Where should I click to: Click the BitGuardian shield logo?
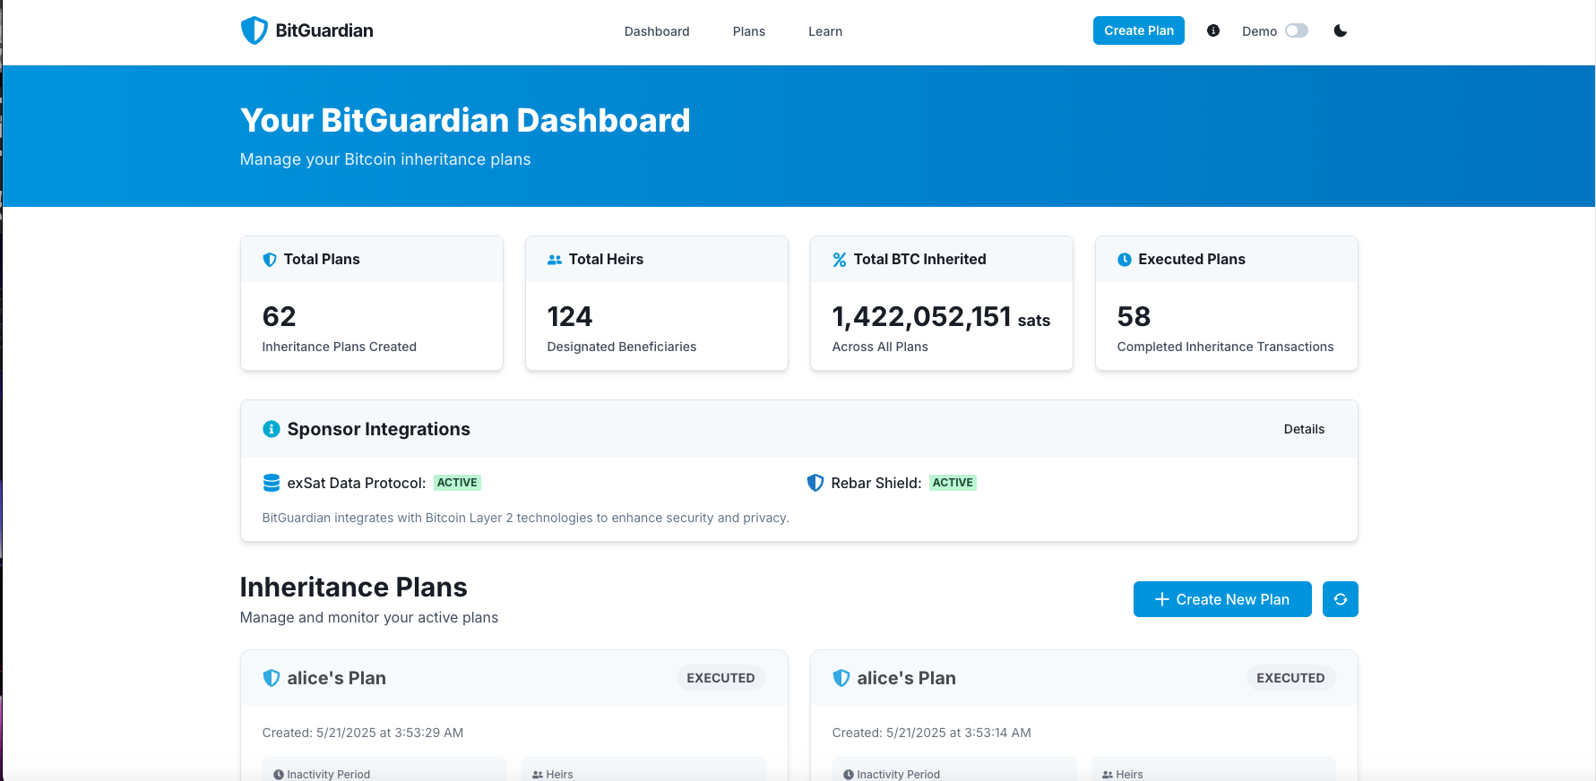point(254,30)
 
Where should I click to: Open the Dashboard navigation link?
point(657,31)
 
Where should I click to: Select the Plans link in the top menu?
point(748,31)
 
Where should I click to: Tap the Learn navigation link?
point(824,31)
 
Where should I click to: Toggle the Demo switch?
point(1296,31)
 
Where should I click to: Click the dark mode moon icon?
point(1340,31)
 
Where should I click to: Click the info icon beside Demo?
point(1213,31)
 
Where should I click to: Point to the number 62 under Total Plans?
point(279,317)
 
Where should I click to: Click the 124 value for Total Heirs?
point(569,317)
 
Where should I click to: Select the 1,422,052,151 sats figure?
point(940,317)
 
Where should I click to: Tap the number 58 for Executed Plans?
point(1134,317)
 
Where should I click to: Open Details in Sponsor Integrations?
point(1303,429)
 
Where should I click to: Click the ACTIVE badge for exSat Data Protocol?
point(457,483)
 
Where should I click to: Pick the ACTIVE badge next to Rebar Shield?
point(952,483)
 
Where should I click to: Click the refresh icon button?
point(1340,599)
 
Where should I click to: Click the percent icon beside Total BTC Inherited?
point(839,260)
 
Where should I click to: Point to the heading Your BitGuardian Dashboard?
point(465,121)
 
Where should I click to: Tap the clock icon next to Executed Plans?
point(1124,260)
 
